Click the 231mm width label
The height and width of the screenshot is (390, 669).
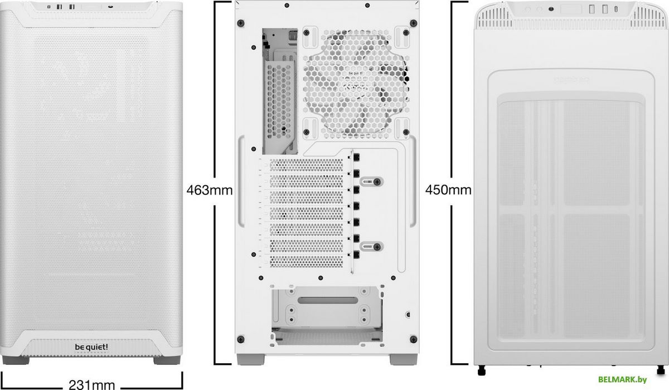92,383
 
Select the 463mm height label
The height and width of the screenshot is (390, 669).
209,190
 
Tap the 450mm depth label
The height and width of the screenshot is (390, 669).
448,190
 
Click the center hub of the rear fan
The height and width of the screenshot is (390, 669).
356,82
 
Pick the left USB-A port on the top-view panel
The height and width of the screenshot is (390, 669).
593,9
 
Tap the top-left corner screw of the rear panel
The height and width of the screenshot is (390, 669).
240,23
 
